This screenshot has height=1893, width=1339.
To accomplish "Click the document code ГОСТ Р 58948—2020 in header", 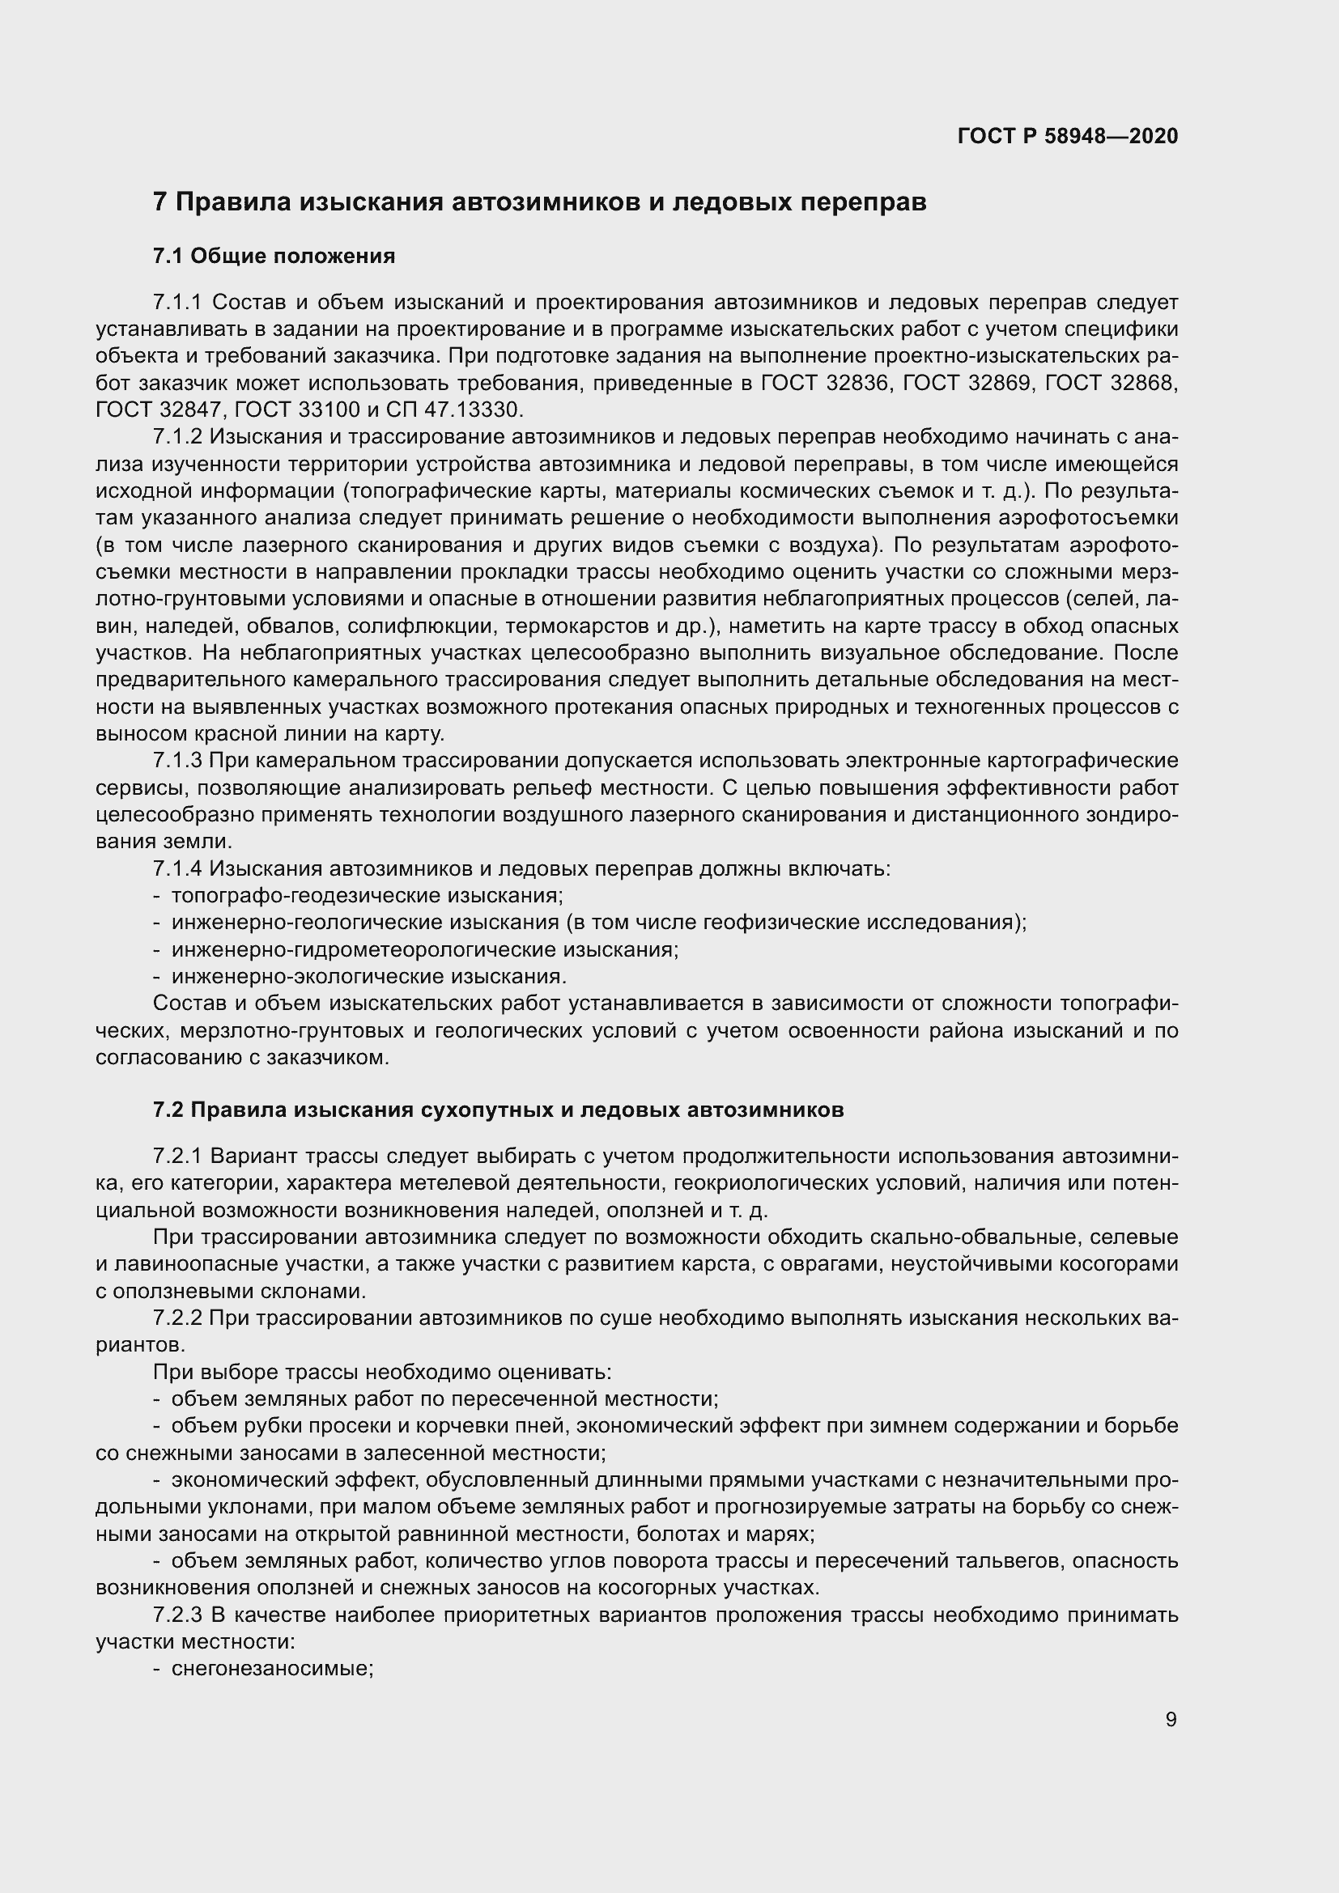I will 1068,136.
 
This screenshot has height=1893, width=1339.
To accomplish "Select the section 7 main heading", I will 539,202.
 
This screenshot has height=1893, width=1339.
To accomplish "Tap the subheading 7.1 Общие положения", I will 274,257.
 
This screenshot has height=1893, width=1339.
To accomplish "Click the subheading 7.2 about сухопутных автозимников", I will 498,1110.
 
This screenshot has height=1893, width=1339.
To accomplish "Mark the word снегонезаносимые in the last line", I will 272,1669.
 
